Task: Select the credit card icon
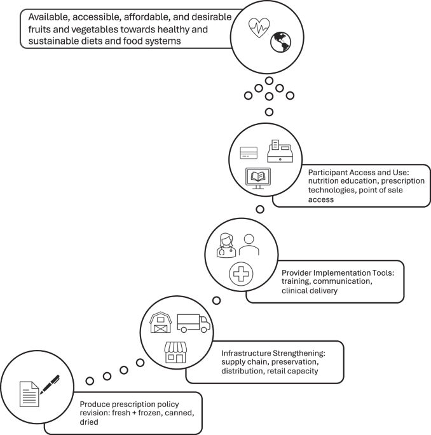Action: pos(249,154)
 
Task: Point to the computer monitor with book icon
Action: pos(257,178)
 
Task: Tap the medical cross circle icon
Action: pos(241,275)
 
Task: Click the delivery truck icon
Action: pos(193,323)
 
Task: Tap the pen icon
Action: pos(50,384)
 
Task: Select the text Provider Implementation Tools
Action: pos(338,272)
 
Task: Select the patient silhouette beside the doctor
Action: pos(249,244)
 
